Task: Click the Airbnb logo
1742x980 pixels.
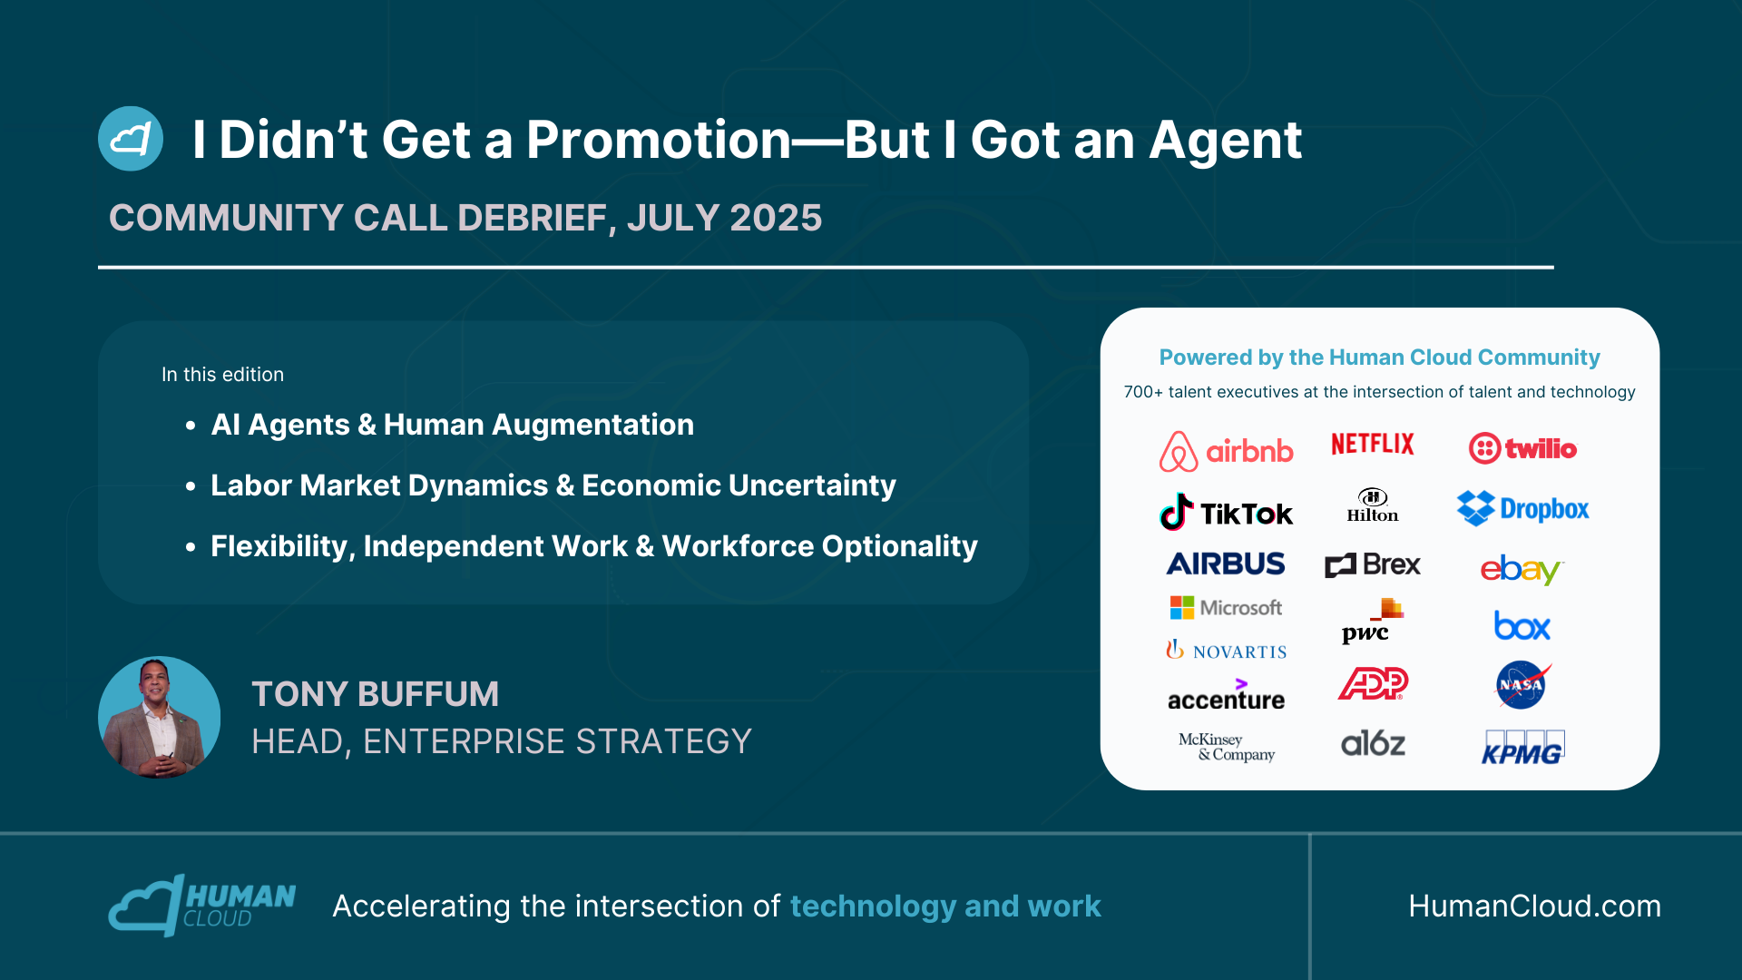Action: click(x=1226, y=451)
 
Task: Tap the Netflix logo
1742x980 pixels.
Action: click(x=1373, y=444)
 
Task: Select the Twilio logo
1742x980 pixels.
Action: click(x=1522, y=448)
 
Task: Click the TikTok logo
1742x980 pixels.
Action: click(x=1226, y=513)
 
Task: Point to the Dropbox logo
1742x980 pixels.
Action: click(x=1522, y=509)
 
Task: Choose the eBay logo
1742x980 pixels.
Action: click(x=1522, y=569)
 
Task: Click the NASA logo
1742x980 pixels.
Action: click(x=1522, y=685)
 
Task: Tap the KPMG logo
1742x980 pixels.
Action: click(x=1522, y=747)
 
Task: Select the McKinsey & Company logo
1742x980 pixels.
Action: click(x=1227, y=747)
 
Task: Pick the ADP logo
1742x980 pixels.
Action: click(x=1373, y=683)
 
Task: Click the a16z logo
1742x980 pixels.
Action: click(x=1373, y=744)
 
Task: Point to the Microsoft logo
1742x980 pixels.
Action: click(x=1226, y=607)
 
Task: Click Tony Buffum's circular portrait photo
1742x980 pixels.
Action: click(x=159, y=717)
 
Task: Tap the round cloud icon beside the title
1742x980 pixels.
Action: click(x=131, y=139)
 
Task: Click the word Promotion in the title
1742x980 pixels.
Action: click(x=660, y=140)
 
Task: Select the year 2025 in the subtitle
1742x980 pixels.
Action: click(x=776, y=218)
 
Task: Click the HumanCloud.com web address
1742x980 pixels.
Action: click(x=1534, y=906)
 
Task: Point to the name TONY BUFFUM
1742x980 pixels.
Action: click(x=376, y=694)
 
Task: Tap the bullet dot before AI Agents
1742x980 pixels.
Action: click(x=191, y=426)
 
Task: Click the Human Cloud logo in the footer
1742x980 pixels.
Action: click(x=201, y=905)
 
